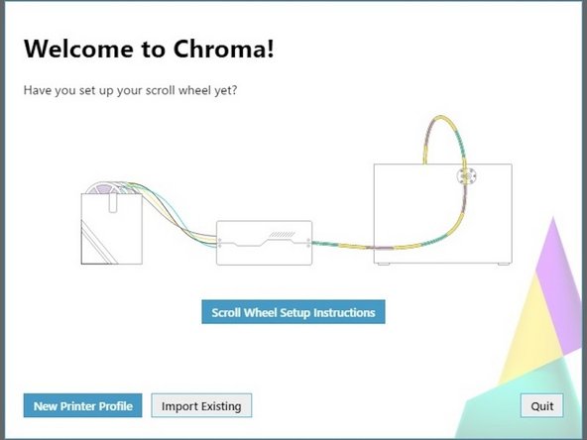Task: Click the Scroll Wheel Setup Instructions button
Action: pos(293,312)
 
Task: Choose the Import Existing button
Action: pos(202,405)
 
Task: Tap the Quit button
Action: pos(541,405)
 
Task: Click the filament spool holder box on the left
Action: pos(112,229)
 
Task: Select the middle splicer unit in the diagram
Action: pos(264,242)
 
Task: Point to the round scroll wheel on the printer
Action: pos(466,176)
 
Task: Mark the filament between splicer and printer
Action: pos(342,245)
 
